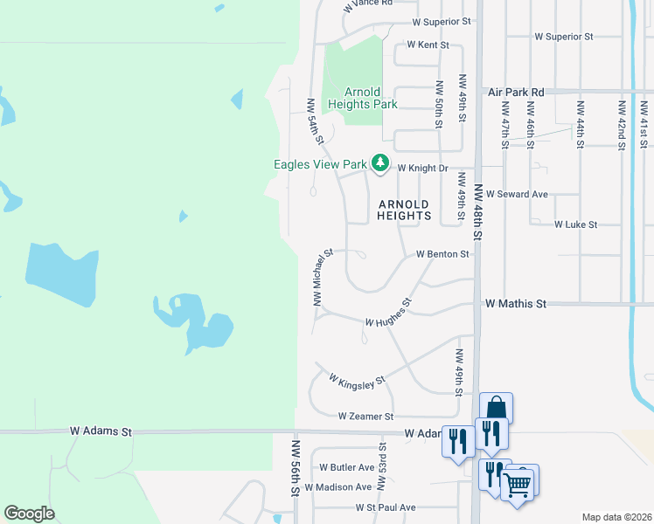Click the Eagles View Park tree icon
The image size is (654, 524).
click(x=380, y=162)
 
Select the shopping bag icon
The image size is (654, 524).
click(x=496, y=409)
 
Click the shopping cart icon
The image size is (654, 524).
click(x=518, y=482)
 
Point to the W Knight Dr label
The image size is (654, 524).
click(x=422, y=168)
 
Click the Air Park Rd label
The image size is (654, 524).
click(x=516, y=92)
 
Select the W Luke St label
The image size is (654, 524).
click(x=575, y=224)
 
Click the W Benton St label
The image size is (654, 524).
click(x=443, y=254)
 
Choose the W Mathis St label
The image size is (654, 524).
click(x=516, y=304)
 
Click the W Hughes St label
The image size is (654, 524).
click(x=388, y=315)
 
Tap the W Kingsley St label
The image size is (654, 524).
click(x=357, y=381)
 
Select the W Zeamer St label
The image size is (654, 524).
click(x=365, y=417)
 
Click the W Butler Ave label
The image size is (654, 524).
click(x=346, y=467)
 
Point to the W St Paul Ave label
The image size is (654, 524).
click(x=385, y=507)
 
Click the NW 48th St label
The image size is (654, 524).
click(x=478, y=211)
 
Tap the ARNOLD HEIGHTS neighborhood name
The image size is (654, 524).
click(x=405, y=210)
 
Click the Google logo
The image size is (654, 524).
click(x=29, y=514)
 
